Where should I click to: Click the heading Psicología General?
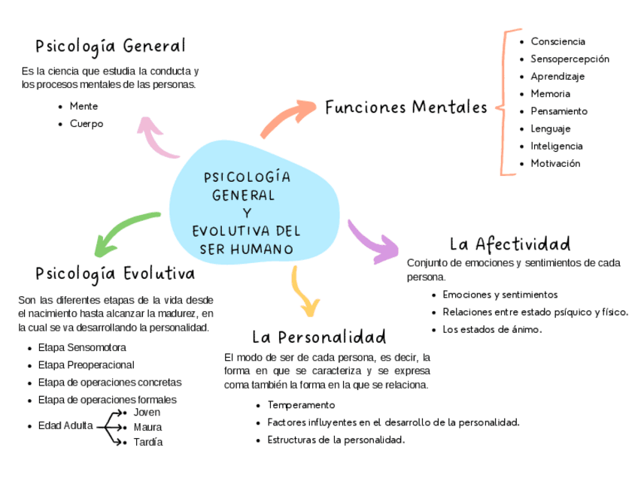(x=110, y=47)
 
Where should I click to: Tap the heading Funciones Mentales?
(x=406, y=107)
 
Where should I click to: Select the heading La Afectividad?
(x=509, y=244)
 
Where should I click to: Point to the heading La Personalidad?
(x=318, y=337)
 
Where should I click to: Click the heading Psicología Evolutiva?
(x=115, y=273)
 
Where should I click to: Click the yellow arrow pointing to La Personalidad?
(x=304, y=292)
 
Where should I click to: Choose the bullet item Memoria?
(x=550, y=94)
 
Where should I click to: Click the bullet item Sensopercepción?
(x=570, y=59)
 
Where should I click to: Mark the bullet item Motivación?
(x=555, y=164)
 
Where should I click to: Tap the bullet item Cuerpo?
(x=87, y=124)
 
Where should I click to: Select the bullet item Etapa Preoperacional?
(x=86, y=365)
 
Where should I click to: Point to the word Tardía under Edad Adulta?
(x=147, y=442)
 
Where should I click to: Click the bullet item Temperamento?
(x=301, y=405)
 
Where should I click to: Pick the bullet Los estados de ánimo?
(x=492, y=329)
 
